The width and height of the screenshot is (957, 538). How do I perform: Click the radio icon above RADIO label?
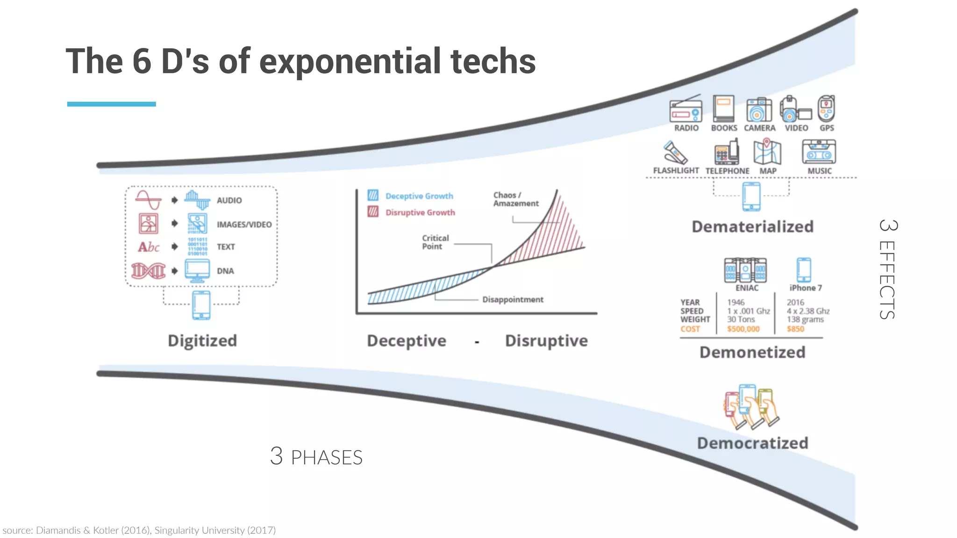click(x=686, y=110)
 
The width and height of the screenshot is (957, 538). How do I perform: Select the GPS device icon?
click(x=826, y=108)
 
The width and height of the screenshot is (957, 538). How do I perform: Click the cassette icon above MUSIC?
click(x=819, y=152)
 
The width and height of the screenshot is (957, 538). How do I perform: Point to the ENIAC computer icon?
click(x=745, y=270)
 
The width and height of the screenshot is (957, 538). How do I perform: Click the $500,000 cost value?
click(x=743, y=329)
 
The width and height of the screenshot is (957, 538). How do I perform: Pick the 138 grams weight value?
click(x=805, y=319)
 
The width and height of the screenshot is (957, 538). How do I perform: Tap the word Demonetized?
click(x=752, y=352)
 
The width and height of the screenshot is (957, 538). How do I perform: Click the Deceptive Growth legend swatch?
click(x=373, y=195)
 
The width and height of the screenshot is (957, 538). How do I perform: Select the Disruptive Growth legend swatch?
click(x=373, y=212)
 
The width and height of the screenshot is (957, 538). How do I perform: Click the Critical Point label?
click(x=435, y=242)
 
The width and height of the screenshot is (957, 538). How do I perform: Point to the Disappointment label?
click(x=513, y=299)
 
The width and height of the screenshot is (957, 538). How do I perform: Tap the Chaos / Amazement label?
click(x=515, y=199)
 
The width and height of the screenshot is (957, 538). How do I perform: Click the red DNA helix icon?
click(x=149, y=270)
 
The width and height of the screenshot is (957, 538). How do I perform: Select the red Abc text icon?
click(x=149, y=247)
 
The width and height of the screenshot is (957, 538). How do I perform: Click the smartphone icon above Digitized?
click(x=201, y=305)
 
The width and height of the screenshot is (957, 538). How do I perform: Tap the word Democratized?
click(x=752, y=443)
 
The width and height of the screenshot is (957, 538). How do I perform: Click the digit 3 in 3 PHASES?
click(x=276, y=456)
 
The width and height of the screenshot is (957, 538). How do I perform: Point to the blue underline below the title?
click(x=111, y=104)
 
